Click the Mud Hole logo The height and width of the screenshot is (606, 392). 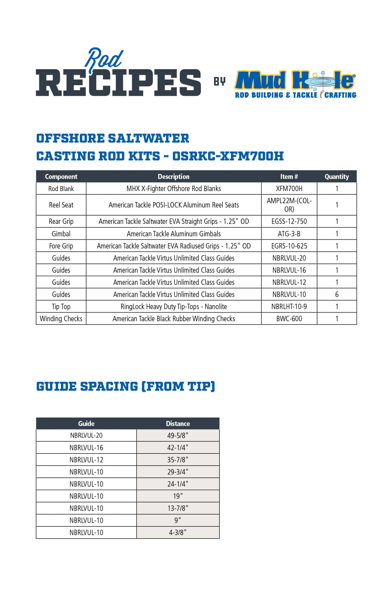point(295,84)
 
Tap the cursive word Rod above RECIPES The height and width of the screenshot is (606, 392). point(104,58)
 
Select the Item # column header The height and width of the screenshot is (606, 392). point(289,176)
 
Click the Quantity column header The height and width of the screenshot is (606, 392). point(337,176)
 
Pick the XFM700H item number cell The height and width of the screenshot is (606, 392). point(289,189)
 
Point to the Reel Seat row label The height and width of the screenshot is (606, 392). point(61,205)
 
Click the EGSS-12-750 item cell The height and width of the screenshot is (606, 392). point(289,221)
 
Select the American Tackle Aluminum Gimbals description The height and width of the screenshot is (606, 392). point(174,234)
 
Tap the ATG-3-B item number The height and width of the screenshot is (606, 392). point(289,234)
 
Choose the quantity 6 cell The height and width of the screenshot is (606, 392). point(337,294)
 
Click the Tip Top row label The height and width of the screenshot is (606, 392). point(61,307)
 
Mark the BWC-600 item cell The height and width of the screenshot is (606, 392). point(289,319)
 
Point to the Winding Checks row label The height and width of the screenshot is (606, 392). point(61,319)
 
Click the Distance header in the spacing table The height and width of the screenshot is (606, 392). point(178,423)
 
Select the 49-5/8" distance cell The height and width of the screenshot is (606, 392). point(178,435)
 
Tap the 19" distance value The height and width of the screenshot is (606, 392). point(178,496)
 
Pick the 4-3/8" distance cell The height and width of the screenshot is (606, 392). point(178,532)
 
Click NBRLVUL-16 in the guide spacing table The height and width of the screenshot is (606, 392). point(86,447)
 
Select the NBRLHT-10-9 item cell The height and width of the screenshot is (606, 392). point(289,307)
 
